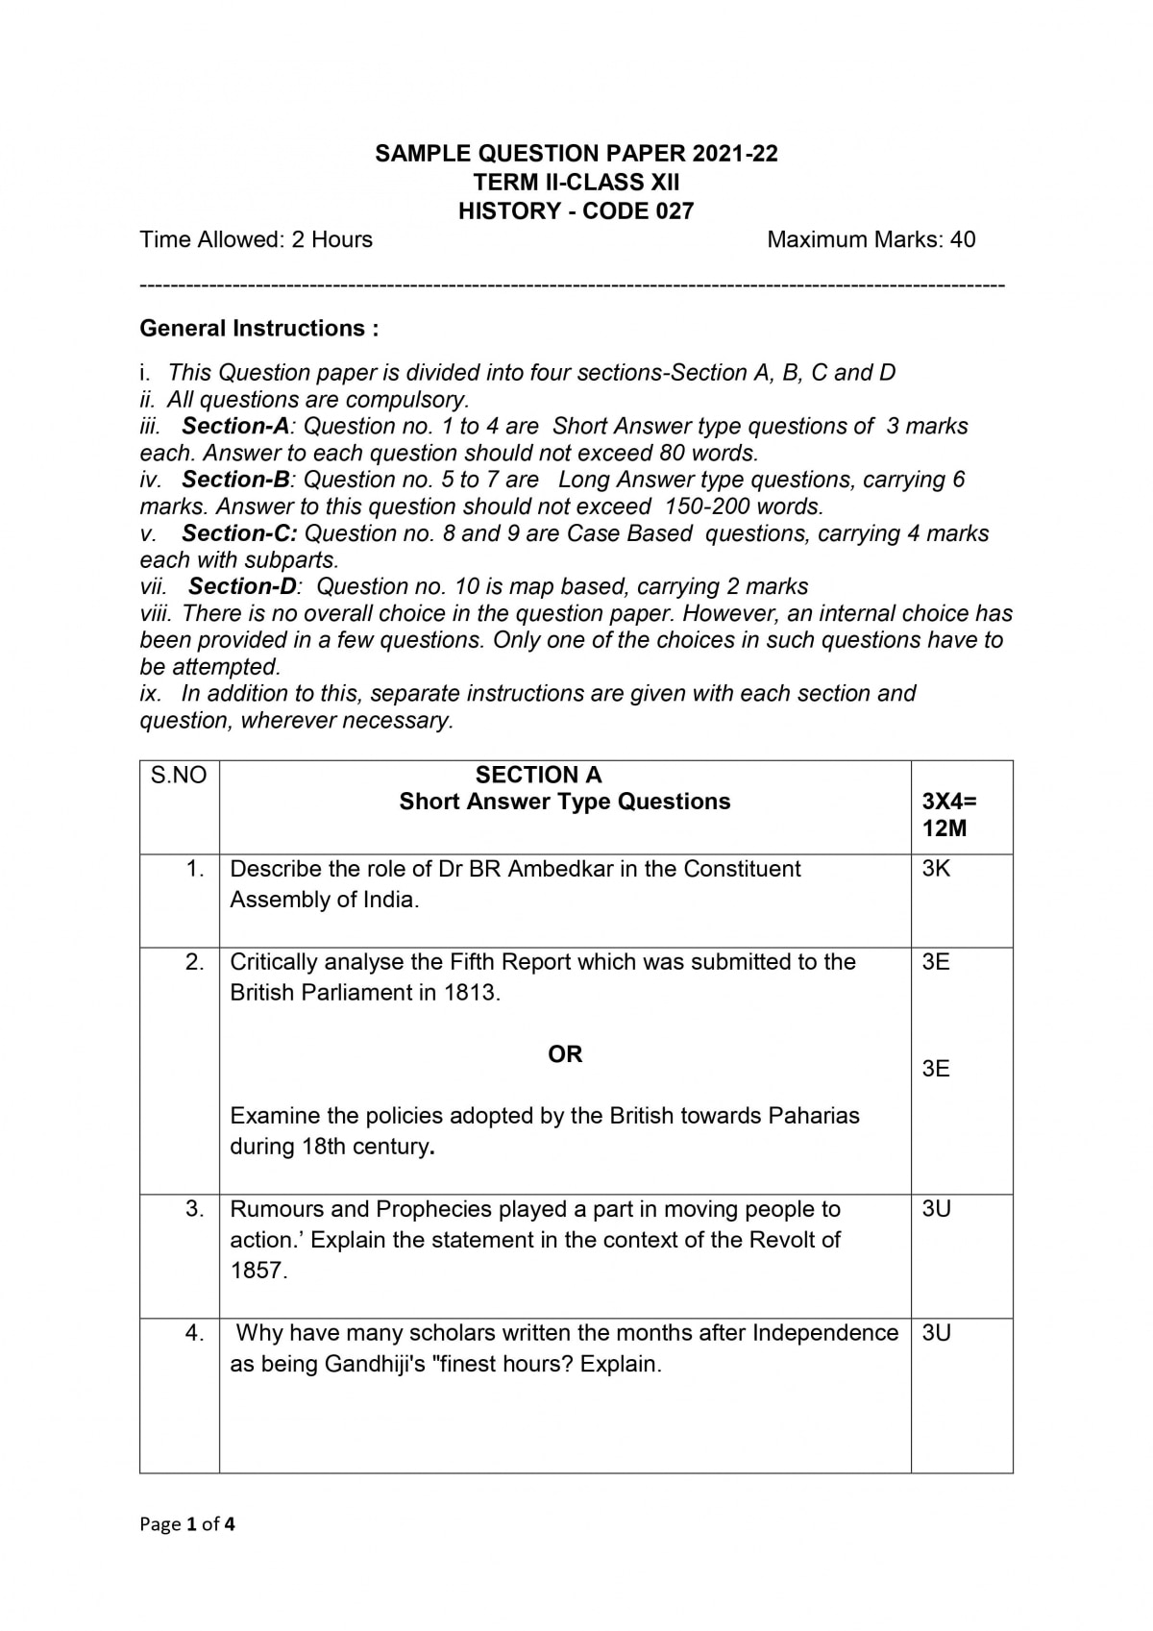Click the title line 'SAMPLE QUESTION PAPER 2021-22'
(576, 154)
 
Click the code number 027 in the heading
(675, 211)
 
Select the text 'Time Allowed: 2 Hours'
(256, 239)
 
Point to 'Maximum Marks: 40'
(871, 239)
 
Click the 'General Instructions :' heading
(259, 329)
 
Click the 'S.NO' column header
(179, 776)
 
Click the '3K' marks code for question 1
(936, 869)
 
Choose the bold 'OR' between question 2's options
(565, 1054)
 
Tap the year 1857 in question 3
(258, 1271)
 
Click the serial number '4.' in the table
(195, 1333)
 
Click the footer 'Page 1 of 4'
(187, 1523)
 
